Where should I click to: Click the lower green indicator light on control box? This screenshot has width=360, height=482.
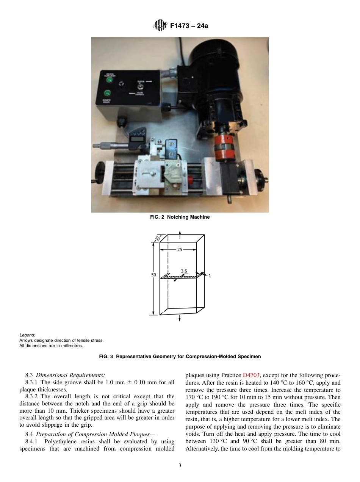(108, 93)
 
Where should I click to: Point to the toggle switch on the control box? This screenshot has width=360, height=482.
(139, 86)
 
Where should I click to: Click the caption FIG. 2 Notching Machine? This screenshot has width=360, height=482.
(180, 217)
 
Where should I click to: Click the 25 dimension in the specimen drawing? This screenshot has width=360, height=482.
(180, 250)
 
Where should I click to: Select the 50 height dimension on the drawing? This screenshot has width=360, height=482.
(153, 275)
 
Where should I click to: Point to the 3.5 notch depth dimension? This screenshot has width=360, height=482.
(184, 271)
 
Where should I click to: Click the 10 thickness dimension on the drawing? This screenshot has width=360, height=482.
(157, 238)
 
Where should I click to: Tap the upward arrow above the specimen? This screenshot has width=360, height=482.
(180, 232)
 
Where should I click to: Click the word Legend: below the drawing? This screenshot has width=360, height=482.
(27, 335)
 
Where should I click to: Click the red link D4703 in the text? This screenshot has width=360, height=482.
(251, 375)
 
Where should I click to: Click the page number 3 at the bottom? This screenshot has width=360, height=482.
(180, 466)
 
